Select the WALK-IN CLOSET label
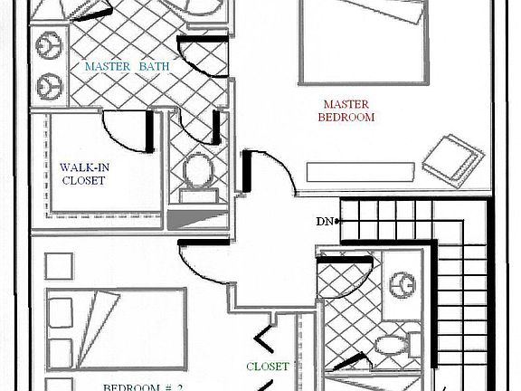point(82,174)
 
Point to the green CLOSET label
point(268,367)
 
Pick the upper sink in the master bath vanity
point(45,44)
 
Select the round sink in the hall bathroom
point(401,286)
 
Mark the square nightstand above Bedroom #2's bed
point(59,265)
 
